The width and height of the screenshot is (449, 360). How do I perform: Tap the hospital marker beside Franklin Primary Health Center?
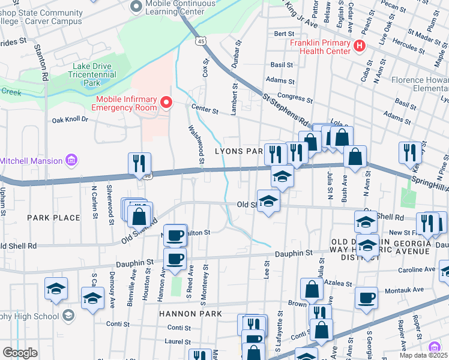pos(360,46)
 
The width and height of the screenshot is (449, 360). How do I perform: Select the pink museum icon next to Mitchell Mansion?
pos(71,160)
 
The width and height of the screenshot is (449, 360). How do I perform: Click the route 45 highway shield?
pos(200,40)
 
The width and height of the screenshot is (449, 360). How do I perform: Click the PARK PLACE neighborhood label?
pos(54,217)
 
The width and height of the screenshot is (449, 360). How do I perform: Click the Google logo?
pos(20,353)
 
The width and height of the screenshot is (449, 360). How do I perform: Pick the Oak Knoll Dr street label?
pos(70,119)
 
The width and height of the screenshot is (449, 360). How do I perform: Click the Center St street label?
pos(205,109)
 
